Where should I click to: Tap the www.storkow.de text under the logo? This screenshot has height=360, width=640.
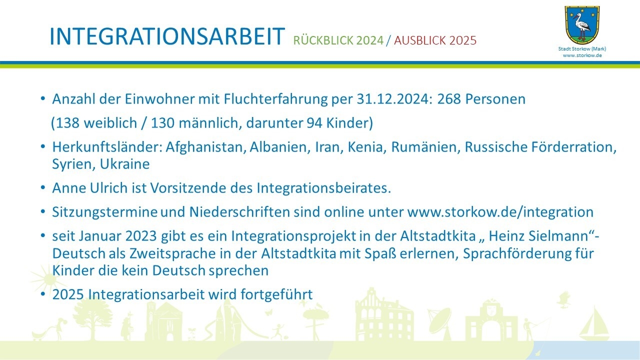(x=582, y=55)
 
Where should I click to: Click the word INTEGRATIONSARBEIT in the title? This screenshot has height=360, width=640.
(x=167, y=36)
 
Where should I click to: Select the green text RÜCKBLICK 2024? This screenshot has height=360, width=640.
(x=338, y=40)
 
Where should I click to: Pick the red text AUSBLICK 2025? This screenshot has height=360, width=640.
(x=435, y=40)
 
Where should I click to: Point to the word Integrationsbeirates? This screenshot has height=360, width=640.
(x=323, y=188)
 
